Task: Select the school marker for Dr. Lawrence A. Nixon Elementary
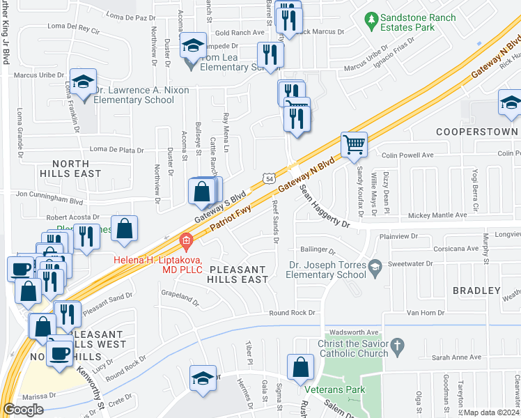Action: tap(83, 83)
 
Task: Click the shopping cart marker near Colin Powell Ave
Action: tap(354, 145)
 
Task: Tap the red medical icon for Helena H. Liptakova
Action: tap(185, 242)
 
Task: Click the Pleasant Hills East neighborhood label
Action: tap(238, 274)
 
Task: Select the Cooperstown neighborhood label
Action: tap(477, 131)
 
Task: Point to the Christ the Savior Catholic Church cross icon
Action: tap(397, 345)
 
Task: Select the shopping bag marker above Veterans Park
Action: tap(300, 366)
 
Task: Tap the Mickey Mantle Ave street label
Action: tap(437, 215)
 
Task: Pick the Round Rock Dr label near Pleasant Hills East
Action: tap(293, 313)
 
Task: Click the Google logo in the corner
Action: tap(23, 410)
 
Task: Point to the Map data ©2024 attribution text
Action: tap(492, 412)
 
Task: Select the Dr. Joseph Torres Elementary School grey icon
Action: tap(375, 265)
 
